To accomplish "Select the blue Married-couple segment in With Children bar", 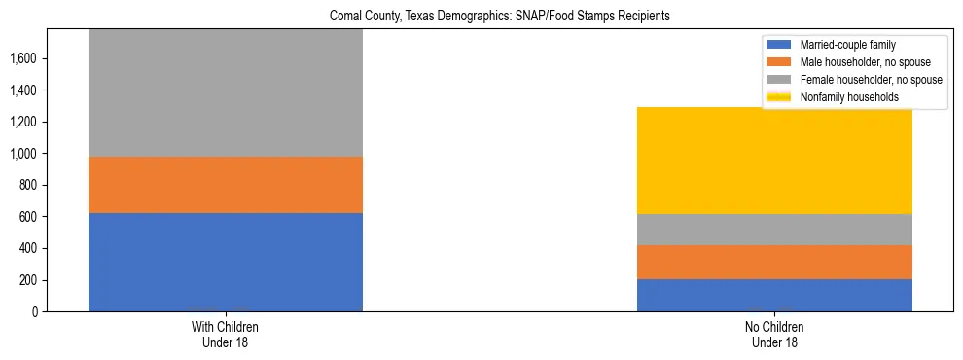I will [226, 262].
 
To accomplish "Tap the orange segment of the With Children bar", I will [226, 185].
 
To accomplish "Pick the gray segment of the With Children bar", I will [226, 92].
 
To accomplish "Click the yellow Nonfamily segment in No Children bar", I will [774, 161].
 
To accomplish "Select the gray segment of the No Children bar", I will [774, 230].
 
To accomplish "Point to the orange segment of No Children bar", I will [774, 262].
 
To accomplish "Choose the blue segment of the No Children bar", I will [774, 295].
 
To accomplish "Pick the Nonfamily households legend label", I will [843, 97].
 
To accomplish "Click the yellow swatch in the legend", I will [780, 97].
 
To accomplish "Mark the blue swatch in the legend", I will [780, 45].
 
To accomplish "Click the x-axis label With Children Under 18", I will [226, 335].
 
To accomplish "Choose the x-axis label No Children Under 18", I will [774, 335].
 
